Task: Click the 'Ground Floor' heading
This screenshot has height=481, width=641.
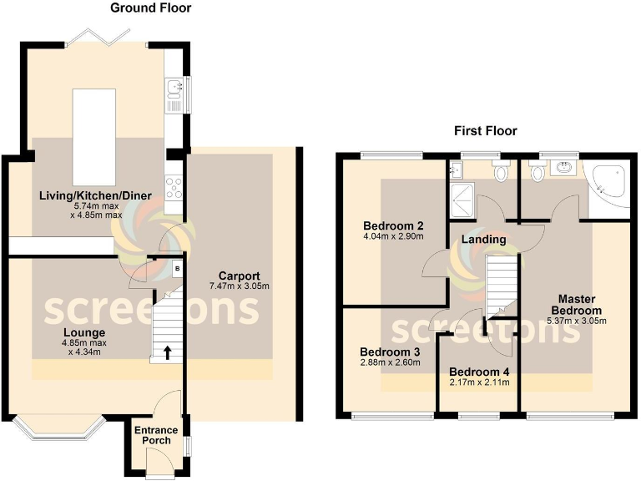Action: point(151,8)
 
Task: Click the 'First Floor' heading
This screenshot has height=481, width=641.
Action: point(485,131)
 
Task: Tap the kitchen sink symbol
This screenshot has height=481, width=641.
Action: point(174,91)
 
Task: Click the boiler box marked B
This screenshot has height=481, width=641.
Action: point(176,269)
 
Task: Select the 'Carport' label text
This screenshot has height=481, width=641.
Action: point(240,276)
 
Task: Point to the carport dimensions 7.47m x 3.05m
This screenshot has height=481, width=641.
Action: point(240,287)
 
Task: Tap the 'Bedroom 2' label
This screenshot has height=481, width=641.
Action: point(394,225)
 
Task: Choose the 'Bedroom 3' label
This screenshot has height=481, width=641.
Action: point(389,352)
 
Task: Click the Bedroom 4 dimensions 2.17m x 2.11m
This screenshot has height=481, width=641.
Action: point(478,382)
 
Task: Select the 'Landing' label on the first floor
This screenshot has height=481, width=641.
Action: point(485,240)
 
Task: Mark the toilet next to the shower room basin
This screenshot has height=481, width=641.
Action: point(502,173)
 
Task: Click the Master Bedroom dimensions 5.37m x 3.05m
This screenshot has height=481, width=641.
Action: point(575,320)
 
